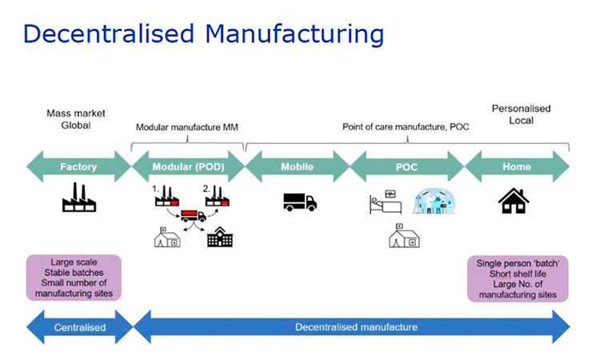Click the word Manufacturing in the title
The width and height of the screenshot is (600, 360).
point(294,34)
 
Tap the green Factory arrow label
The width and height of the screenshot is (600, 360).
point(78,167)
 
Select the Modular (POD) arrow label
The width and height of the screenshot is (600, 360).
point(188,167)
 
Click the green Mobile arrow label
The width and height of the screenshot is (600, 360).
point(298,167)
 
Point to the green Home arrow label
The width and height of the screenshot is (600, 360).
point(517,167)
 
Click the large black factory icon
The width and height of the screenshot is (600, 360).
point(79,198)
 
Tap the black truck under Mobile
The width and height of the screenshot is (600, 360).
point(300,202)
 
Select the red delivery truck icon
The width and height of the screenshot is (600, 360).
point(194,216)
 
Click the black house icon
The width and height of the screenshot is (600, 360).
point(514,201)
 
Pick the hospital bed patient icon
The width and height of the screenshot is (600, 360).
point(386,202)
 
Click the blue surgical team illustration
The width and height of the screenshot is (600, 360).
point(434,201)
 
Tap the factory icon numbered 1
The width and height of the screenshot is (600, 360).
point(167,196)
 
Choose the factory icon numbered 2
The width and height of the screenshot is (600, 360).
point(218,196)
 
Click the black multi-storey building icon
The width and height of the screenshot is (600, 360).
point(220,237)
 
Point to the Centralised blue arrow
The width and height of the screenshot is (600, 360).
point(79,327)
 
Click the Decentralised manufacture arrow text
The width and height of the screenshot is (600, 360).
point(356,327)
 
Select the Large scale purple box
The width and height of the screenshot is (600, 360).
point(74,278)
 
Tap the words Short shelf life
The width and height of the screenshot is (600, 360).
point(518,274)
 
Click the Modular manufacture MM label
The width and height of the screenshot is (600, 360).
point(187,127)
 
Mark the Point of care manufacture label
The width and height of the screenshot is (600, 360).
point(406,127)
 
